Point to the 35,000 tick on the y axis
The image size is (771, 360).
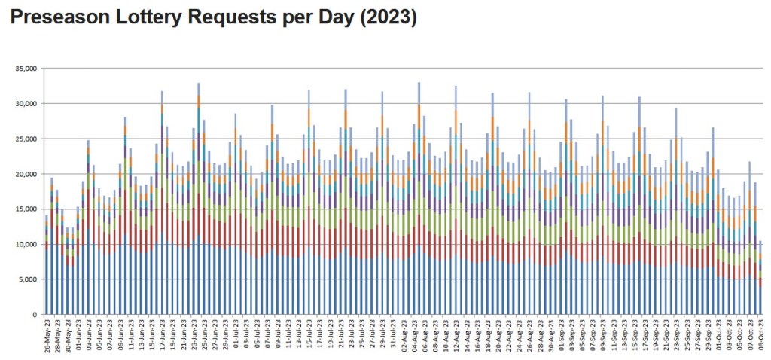point(26,69)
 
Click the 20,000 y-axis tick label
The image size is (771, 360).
point(26,174)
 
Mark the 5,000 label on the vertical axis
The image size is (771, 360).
point(28,279)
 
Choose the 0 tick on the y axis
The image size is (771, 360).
point(35,314)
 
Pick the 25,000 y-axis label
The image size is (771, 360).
point(26,139)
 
